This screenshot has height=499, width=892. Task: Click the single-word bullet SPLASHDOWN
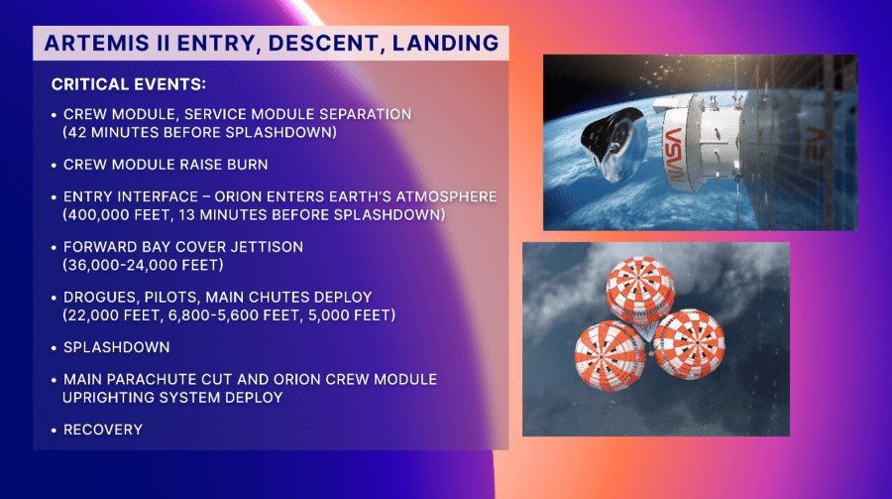[116, 348]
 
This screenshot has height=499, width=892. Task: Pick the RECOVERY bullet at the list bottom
[104, 430]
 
